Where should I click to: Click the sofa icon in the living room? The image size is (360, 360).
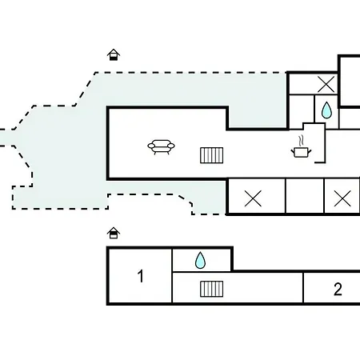(161, 147)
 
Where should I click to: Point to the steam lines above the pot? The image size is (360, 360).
(301, 141)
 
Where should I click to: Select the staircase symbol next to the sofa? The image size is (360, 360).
(212, 155)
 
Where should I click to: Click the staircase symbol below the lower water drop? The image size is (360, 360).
(212, 289)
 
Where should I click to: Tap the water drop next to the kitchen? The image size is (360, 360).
(326, 110)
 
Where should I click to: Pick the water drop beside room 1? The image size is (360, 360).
(200, 260)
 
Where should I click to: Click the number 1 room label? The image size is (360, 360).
(141, 276)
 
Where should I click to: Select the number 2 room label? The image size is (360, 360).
(338, 289)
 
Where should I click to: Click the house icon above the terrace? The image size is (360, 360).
(114, 54)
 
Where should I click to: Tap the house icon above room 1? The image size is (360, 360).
(114, 233)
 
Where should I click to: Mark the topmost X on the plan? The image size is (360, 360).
(326, 84)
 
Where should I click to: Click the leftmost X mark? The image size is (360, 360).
(253, 198)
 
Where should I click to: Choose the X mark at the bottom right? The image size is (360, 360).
(342, 198)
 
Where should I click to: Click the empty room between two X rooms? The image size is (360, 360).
(305, 196)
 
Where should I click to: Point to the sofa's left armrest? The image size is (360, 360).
(151, 146)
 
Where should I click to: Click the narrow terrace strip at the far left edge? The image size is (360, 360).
(6, 138)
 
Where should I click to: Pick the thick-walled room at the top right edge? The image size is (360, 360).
(350, 82)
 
